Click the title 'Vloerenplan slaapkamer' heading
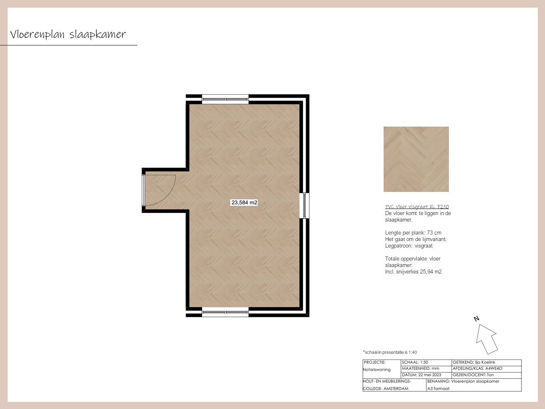(68, 34)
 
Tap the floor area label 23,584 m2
(245, 202)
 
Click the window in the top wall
(225, 99)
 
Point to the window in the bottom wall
(225, 312)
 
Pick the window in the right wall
(305, 206)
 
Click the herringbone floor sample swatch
(416, 159)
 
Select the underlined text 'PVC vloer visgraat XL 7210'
(417, 207)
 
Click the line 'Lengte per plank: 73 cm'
(413, 232)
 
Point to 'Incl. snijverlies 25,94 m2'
(413, 272)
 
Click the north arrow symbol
(487, 339)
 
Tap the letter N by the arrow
(476, 319)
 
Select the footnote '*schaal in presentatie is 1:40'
(390, 352)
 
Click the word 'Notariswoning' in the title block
(377, 370)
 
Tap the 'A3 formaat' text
(438, 389)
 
